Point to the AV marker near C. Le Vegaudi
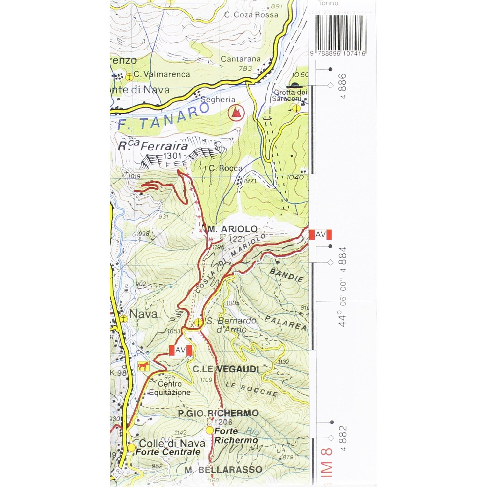(180, 350)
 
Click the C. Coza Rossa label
(251, 15)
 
